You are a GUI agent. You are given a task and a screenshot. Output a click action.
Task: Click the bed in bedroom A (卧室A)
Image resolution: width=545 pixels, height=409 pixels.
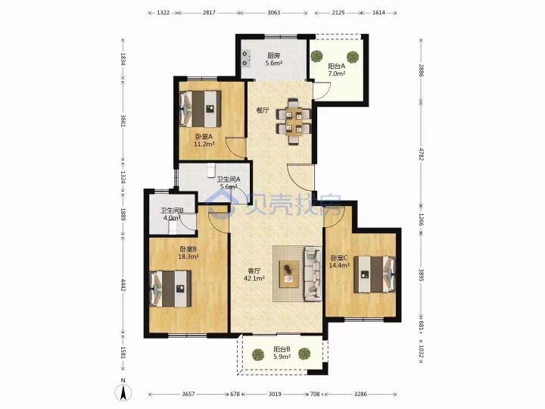(x=200, y=108)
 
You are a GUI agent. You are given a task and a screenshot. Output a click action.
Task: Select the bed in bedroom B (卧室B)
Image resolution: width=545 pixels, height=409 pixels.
(x=170, y=289)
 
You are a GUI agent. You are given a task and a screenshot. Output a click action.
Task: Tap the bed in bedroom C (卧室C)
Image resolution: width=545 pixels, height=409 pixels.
(x=375, y=274)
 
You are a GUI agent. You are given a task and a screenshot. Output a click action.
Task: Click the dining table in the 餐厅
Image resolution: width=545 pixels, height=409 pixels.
(x=294, y=121)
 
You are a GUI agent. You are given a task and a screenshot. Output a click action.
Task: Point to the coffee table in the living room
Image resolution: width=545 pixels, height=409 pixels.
(x=289, y=273)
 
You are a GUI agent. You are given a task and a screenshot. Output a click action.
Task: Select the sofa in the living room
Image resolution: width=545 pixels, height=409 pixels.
(x=313, y=273)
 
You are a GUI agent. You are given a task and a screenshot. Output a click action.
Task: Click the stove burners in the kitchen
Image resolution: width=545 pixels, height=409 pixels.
(x=246, y=58)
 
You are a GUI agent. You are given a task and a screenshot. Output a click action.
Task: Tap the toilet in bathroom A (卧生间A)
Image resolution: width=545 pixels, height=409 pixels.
(x=211, y=170)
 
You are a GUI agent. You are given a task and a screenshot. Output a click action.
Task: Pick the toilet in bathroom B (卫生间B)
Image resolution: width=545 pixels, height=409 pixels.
(x=173, y=227)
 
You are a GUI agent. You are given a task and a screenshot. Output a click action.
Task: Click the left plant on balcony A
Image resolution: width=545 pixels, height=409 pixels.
(x=316, y=56)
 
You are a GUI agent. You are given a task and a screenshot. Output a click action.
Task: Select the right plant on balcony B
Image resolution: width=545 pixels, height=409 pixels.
(x=304, y=354)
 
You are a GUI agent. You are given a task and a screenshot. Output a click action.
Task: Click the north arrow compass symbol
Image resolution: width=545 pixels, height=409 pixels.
(x=123, y=392)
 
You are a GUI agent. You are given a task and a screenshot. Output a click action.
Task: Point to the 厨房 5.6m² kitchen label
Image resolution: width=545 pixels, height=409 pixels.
(x=273, y=59)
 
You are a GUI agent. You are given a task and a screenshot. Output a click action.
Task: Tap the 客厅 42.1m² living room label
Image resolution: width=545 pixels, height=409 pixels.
(x=254, y=274)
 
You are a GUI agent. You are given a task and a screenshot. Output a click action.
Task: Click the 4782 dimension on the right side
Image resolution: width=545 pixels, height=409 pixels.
(x=421, y=154)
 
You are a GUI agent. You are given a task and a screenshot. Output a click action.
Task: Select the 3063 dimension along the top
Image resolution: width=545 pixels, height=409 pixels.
(x=274, y=13)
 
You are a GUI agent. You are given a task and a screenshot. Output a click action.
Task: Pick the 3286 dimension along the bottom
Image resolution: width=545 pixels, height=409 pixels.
(x=360, y=394)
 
